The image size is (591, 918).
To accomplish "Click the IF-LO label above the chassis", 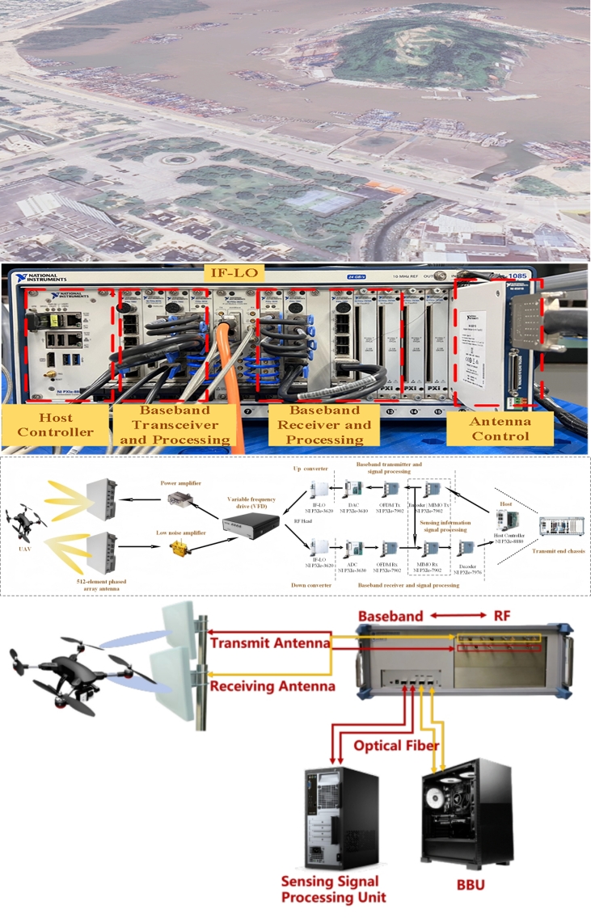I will click(x=234, y=274).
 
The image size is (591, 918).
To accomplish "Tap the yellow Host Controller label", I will click(x=55, y=425).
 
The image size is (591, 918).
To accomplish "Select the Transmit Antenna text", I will click(x=269, y=642).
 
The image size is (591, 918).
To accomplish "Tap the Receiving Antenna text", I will click(x=272, y=686).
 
